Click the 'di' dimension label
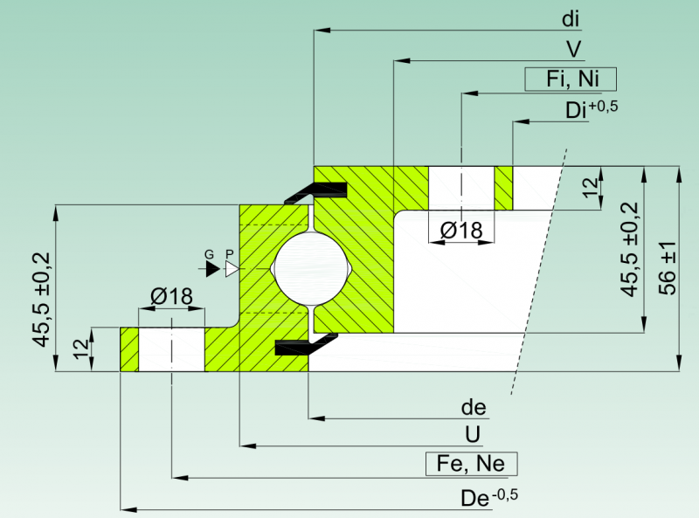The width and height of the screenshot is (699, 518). tap(571, 19)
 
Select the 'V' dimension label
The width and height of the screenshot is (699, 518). tap(574, 49)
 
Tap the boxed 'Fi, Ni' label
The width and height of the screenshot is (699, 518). tap(571, 79)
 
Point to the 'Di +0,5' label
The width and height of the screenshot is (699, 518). tap(592, 110)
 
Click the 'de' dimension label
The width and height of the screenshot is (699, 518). tap(474, 407)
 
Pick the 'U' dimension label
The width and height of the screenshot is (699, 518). tap(473, 435)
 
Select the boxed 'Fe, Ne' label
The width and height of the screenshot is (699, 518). tap(471, 464)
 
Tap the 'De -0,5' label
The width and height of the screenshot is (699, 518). tap(489, 498)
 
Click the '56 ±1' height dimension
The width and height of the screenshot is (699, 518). tap(668, 268)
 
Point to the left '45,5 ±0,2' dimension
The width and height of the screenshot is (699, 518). tap(42, 299)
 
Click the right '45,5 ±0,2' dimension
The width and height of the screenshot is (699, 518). tap(630, 249)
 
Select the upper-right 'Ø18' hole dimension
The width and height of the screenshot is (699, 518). tap(461, 231)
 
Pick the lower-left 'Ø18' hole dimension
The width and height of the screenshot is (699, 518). tap(171, 296)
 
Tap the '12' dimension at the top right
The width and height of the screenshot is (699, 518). tap(591, 188)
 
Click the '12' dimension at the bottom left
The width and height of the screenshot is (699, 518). tap(81, 349)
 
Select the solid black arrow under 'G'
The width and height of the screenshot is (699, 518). tap(212, 269)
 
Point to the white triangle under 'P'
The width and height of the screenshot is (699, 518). tap(232, 269)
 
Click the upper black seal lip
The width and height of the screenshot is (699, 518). tap(316, 191)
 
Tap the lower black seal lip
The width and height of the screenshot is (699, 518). tap(307, 344)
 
